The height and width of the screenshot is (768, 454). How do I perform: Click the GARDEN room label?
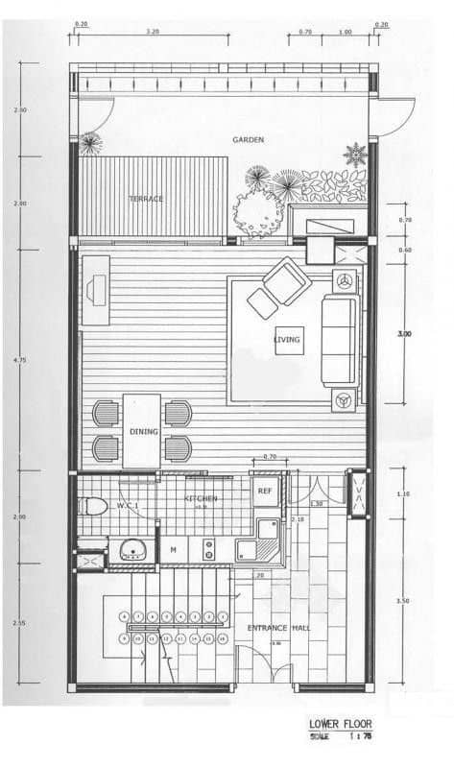(248, 140)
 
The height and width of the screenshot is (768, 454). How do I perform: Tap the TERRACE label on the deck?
(146, 199)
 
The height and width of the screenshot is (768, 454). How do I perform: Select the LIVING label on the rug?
(287, 340)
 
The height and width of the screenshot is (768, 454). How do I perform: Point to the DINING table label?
(142, 432)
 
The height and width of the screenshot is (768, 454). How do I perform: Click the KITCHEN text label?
(201, 499)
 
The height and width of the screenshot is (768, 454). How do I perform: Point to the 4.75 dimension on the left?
(21, 360)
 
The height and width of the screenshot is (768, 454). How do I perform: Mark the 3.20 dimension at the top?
(152, 33)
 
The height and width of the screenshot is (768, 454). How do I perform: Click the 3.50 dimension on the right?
(403, 600)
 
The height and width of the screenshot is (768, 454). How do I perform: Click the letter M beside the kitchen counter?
(173, 549)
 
